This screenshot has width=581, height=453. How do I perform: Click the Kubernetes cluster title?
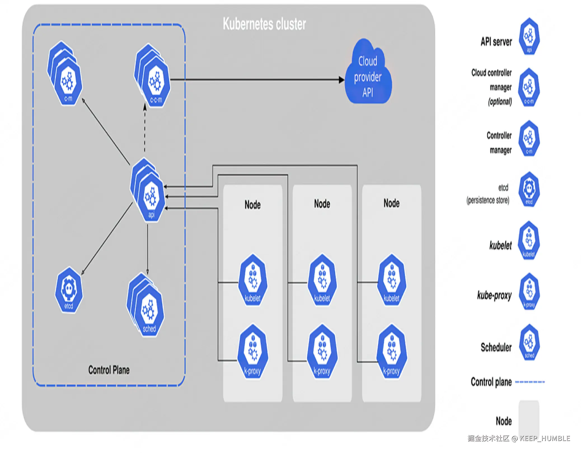point(264,24)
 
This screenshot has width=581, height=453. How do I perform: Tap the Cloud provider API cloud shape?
point(368,74)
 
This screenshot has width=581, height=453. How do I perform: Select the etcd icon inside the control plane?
point(69,290)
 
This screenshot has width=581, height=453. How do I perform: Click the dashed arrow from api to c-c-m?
point(145,129)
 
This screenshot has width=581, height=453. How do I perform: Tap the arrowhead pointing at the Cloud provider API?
point(341,80)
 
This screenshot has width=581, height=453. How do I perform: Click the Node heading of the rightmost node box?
point(392,203)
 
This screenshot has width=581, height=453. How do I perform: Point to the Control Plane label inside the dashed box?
point(109,370)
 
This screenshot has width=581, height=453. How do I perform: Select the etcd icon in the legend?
point(529,190)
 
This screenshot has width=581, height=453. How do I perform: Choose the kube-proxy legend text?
point(494,295)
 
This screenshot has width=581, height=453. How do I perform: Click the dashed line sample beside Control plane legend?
point(530,382)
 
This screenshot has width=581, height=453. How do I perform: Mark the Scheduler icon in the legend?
point(529,342)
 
